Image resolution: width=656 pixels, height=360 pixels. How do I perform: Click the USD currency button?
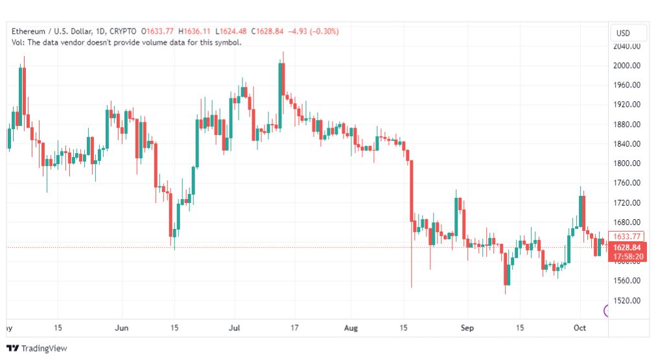(623, 33)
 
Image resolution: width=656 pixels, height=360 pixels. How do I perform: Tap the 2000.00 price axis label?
(627, 66)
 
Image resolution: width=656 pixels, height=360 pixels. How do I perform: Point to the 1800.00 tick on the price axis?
(627, 163)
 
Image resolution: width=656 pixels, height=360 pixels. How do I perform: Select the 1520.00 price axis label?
(627, 300)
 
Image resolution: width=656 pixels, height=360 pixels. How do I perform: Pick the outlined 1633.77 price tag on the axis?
(626, 237)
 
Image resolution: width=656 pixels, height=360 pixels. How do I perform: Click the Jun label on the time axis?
(121, 328)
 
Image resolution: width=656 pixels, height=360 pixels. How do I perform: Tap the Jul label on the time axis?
(234, 328)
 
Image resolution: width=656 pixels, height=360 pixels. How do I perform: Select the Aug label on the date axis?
(351, 328)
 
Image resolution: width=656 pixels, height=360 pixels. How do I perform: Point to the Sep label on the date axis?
(467, 328)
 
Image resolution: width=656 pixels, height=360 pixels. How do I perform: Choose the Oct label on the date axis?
(580, 328)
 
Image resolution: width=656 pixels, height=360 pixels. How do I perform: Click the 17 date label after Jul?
(294, 328)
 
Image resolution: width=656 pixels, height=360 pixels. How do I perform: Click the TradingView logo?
(37, 348)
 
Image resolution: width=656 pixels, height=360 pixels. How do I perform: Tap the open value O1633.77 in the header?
(158, 31)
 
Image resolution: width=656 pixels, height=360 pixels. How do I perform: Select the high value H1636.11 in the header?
(194, 31)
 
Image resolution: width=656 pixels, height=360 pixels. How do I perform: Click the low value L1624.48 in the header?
(231, 31)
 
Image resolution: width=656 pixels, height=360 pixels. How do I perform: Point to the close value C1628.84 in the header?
(267, 31)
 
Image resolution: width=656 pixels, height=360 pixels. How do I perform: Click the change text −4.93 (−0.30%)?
(313, 31)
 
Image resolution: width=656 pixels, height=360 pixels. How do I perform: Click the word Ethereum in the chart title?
(29, 31)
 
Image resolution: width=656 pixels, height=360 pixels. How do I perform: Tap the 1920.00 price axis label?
(627, 104)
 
